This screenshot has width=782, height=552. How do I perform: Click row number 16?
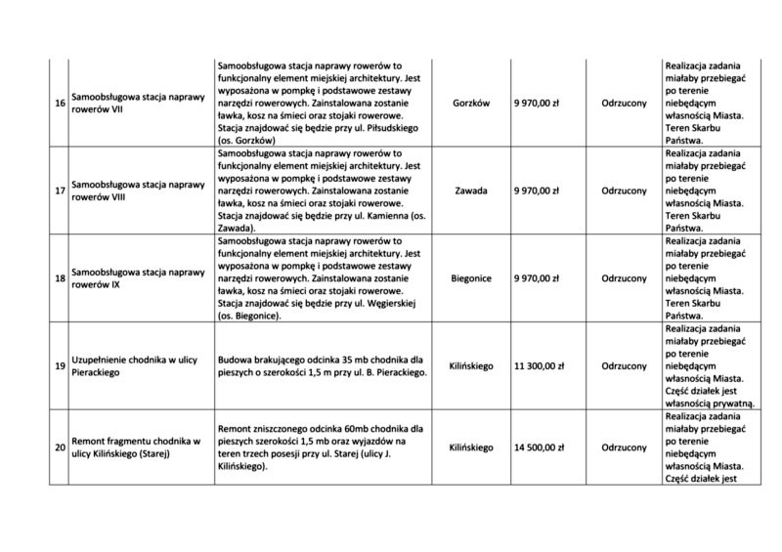(x=61, y=103)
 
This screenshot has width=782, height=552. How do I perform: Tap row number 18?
(x=61, y=278)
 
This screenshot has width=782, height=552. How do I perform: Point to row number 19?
(x=61, y=366)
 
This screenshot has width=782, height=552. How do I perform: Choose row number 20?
(x=61, y=447)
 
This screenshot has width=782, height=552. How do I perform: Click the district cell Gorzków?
(x=471, y=103)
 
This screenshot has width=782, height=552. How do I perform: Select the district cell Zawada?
(x=471, y=191)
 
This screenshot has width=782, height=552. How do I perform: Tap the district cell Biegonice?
(x=471, y=278)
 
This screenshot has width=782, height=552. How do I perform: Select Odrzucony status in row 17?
(x=624, y=191)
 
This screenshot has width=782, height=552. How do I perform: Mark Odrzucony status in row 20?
(x=624, y=447)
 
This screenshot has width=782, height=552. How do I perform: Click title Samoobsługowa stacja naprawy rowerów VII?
(x=136, y=103)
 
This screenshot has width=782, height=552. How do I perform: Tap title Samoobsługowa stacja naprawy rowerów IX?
(x=136, y=278)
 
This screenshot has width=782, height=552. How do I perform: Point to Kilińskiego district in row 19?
(x=471, y=366)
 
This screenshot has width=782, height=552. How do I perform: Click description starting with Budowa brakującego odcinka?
(x=322, y=366)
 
